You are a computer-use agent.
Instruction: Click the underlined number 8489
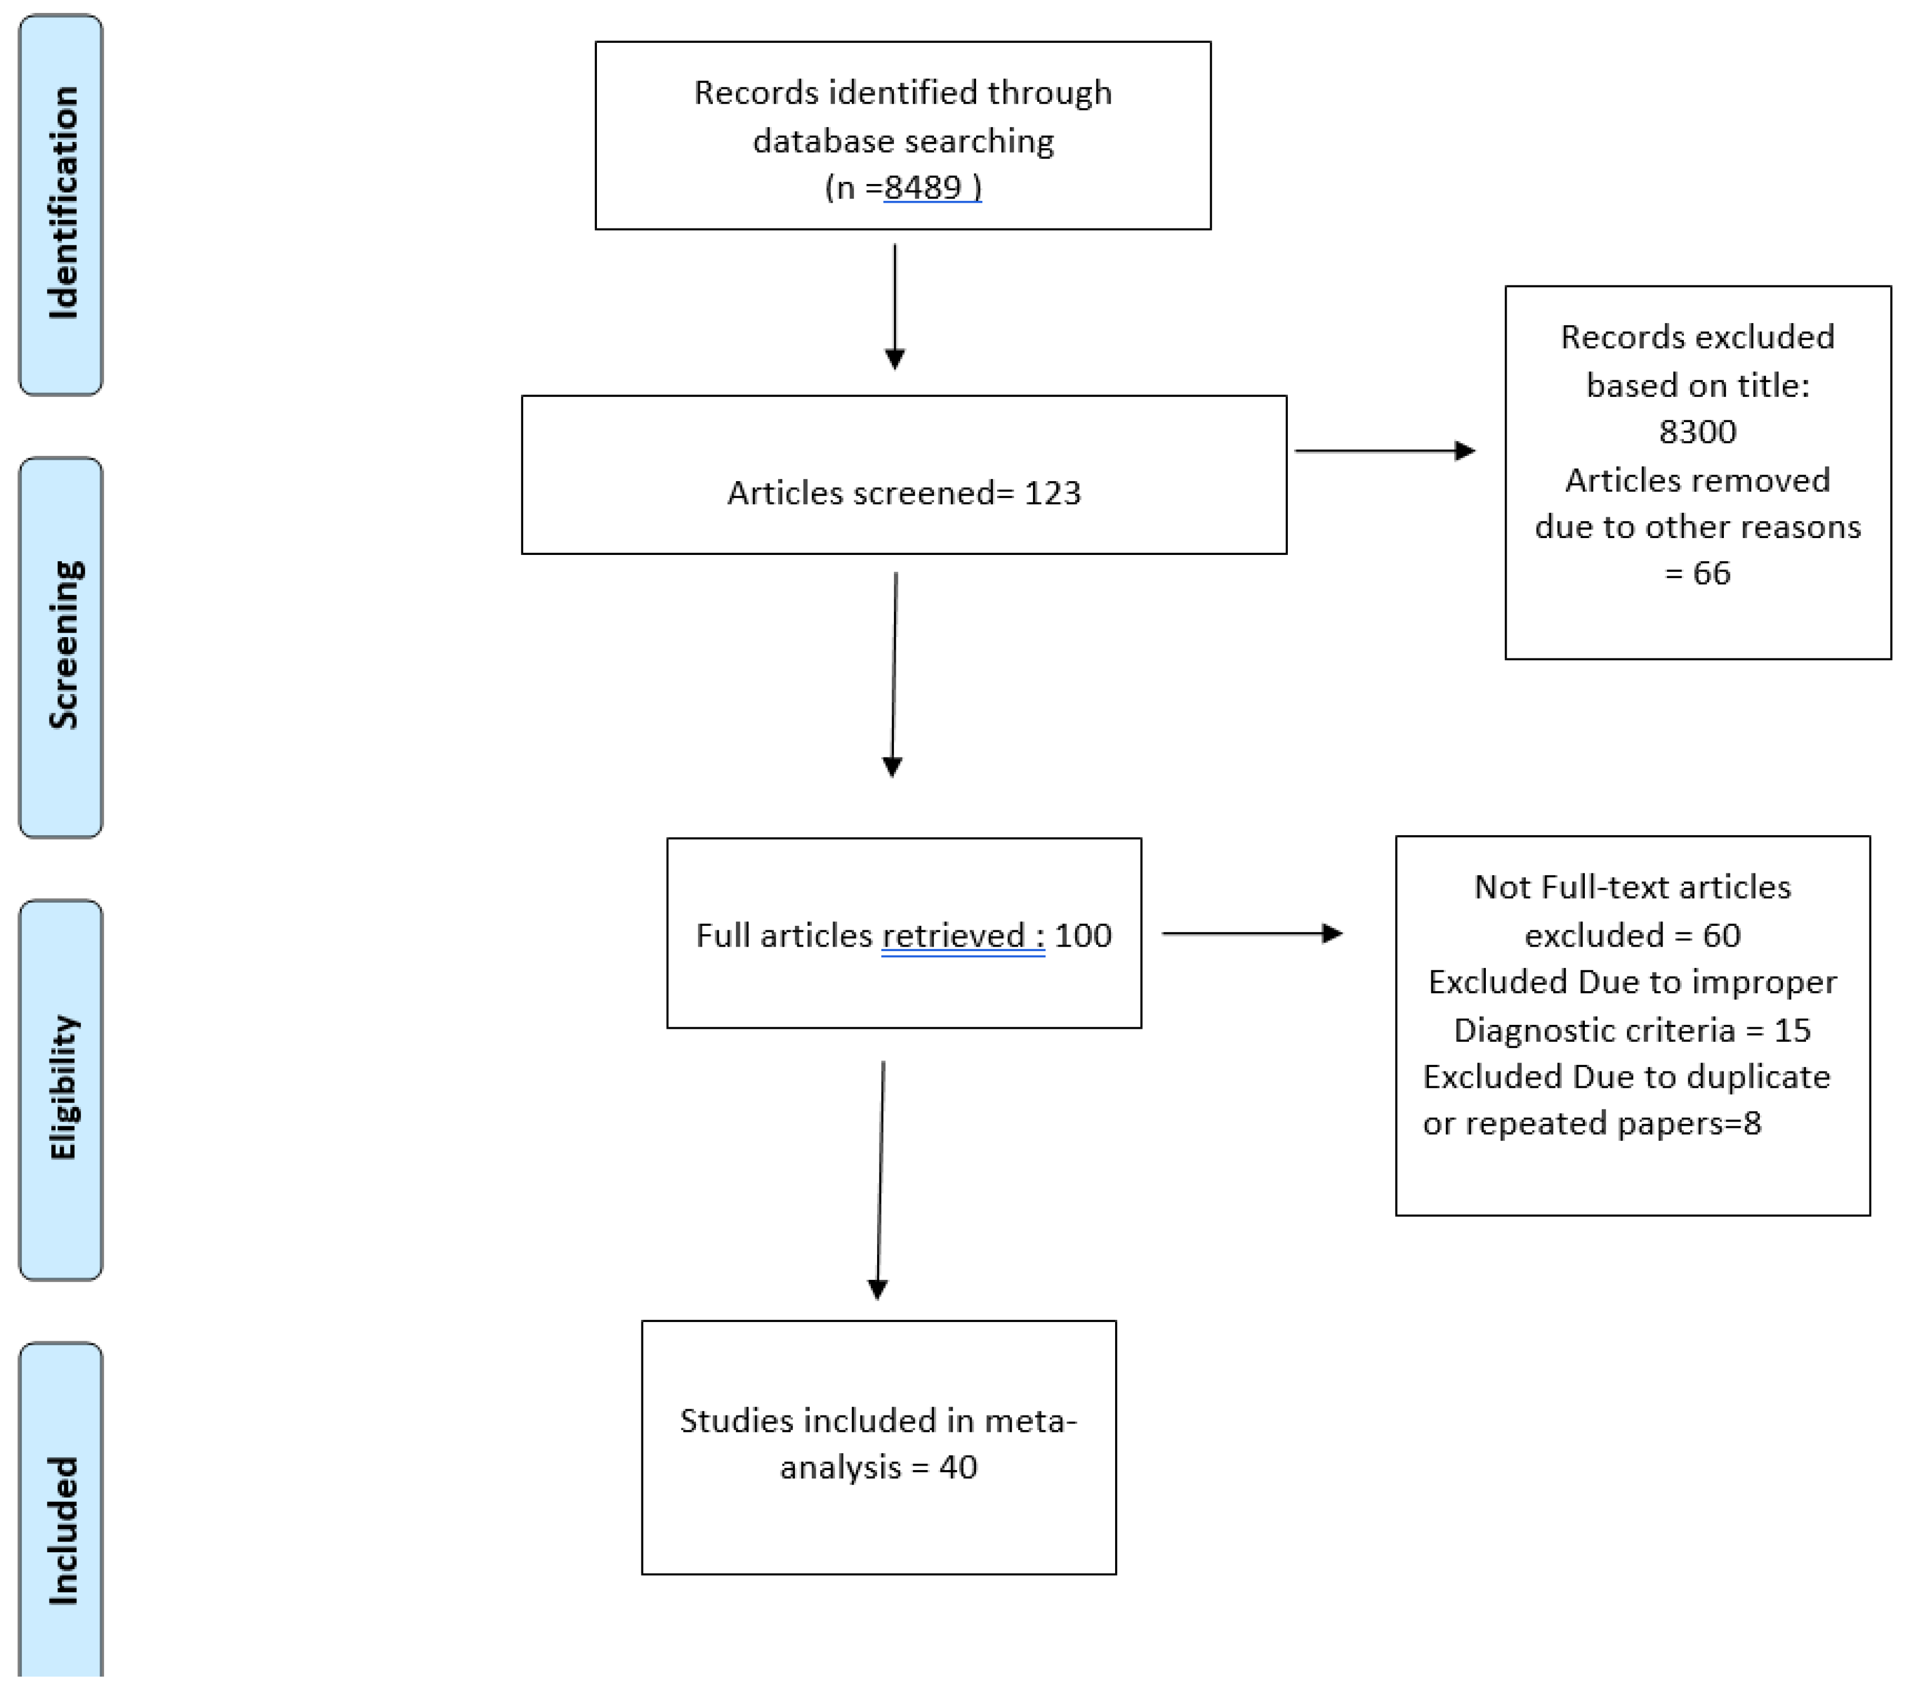(x=923, y=187)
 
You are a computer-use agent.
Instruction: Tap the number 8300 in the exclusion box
(x=1697, y=432)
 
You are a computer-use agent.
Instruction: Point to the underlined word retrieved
(x=952, y=935)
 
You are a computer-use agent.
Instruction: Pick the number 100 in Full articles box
(x=1083, y=935)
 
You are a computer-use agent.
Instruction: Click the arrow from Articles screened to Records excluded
(x=1384, y=451)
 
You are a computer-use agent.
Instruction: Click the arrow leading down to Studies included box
(x=880, y=1179)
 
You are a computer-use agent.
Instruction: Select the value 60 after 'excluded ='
(x=1722, y=935)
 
